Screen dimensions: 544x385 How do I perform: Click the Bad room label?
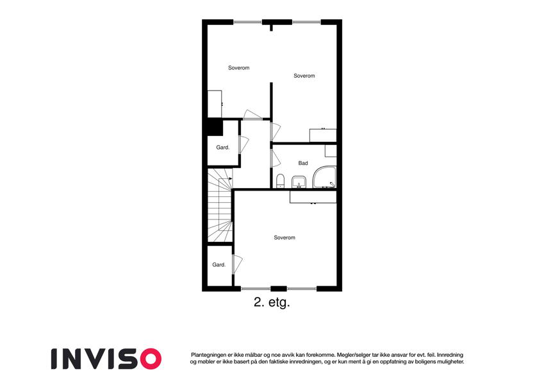point(303,163)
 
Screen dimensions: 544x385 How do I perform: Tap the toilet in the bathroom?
point(280,181)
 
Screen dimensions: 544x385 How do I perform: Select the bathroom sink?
point(299,182)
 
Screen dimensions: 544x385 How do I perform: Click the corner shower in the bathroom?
point(324,178)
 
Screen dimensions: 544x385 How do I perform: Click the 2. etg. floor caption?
point(272,302)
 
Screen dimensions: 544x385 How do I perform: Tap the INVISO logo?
point(106,359)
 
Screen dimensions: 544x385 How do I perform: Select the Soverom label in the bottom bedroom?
point(284,237)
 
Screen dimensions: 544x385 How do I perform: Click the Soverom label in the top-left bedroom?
point(239,68)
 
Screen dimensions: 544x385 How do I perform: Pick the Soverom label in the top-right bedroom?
point(304,76)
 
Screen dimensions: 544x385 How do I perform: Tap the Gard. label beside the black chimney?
point(223,148)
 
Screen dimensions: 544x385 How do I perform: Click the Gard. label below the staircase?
point(219,265)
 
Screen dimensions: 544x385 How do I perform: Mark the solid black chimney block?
point(215,127)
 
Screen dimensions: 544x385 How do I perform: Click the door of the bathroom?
point(276,158)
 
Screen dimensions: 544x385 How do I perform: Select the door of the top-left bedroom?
point(253,115)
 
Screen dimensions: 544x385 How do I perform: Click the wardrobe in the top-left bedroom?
point(215,104)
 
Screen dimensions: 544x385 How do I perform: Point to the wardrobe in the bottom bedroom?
point(313,196)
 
